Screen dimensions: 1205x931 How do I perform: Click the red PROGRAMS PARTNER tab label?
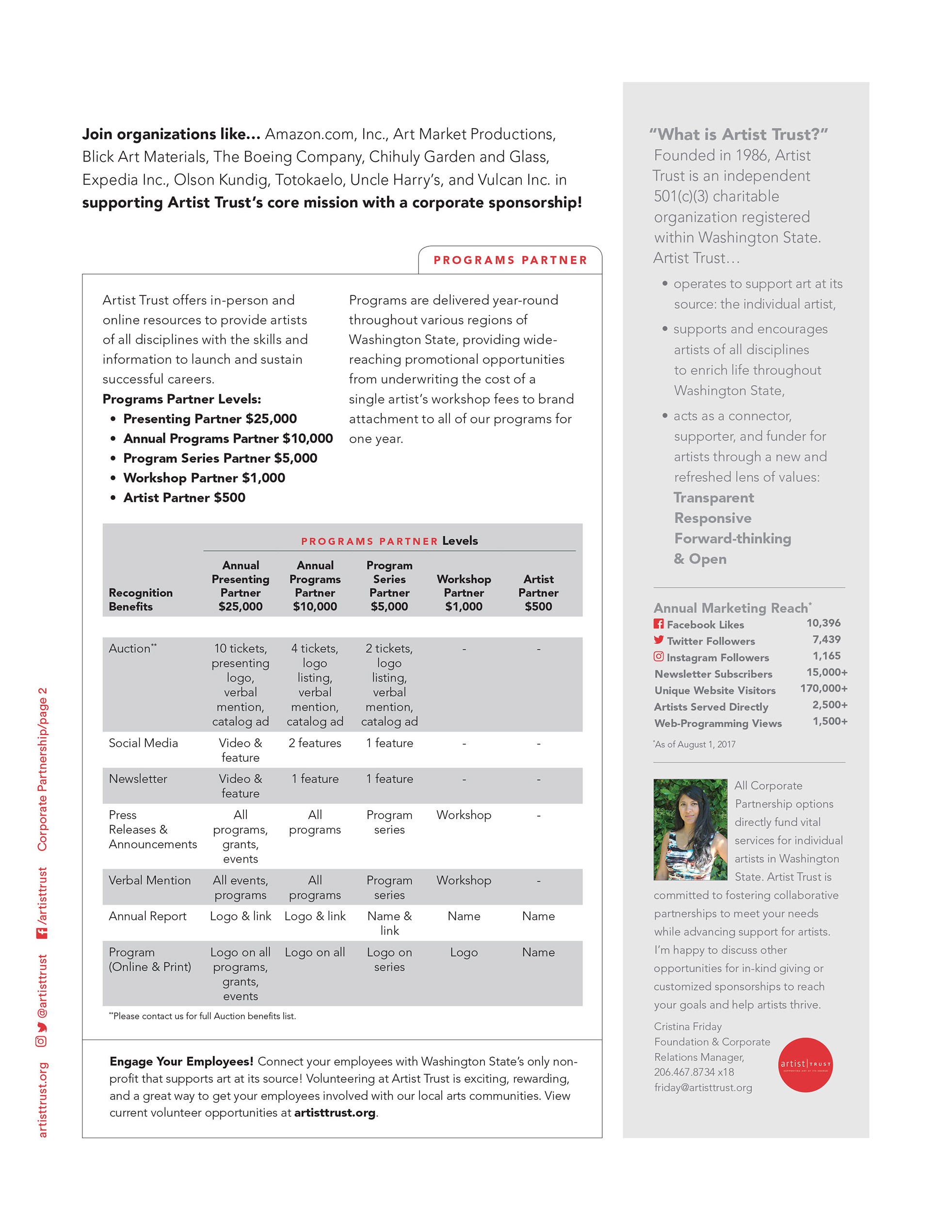click(510, 260)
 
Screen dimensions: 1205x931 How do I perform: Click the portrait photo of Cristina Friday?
click(690, 829)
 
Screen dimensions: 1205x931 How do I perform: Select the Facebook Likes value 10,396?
click(823, 623)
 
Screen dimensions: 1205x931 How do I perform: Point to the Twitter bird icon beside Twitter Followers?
click(658, 640)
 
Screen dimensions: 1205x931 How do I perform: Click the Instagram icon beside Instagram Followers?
click(658, 657)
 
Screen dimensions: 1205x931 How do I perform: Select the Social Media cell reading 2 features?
click(315, 743)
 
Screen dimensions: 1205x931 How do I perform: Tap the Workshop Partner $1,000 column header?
click(464, 593)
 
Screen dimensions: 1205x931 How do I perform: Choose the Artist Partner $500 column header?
click(538, 593)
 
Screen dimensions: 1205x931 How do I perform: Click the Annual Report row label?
click(147, 916)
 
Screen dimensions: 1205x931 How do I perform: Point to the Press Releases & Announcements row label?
click(152, 829)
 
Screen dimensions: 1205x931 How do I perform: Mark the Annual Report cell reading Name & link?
click(389, 923)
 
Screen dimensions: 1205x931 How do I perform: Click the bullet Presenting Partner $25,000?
click(209, 419)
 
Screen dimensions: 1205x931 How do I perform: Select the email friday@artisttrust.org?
click(703, 1088)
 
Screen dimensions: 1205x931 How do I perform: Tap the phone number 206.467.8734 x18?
click(694, 1072)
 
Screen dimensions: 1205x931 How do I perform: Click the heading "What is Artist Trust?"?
click(738, 135)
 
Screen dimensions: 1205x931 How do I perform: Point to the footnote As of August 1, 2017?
click(694, 744)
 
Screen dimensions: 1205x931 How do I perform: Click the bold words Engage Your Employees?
click(181, 1061)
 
